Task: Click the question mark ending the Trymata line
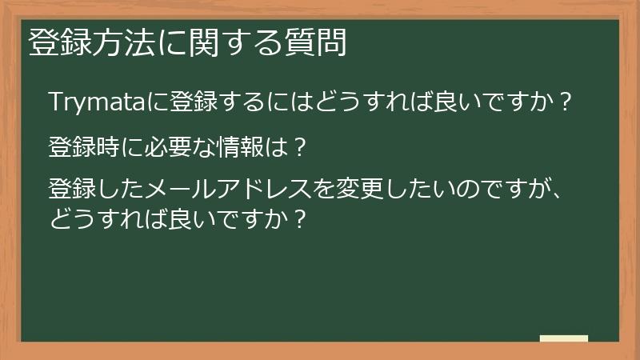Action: pyautogui.click(x=565, y=102)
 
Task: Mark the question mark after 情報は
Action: pyautogui.click(x=298, y=147)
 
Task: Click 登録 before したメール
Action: pyautogui.click(x=69, y=190)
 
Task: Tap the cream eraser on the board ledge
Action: pyautogui.click(x=564, y=339)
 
